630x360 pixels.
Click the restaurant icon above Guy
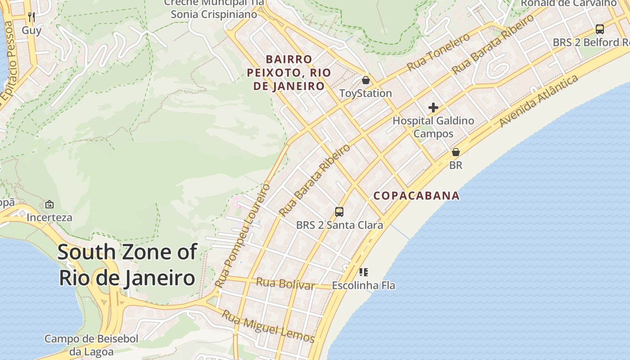point(31,17)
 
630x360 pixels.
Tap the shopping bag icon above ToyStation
point(366,80)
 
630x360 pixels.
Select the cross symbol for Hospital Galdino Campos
point(433,108)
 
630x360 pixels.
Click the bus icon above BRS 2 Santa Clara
point(339,211)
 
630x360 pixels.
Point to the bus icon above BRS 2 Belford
point(600,29)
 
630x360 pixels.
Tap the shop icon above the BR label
point(456,152)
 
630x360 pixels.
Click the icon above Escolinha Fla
point(364,272)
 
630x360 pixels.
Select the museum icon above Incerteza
point(49,204)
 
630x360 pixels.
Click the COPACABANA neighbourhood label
point(417,196)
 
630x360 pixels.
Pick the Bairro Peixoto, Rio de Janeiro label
point(289,72)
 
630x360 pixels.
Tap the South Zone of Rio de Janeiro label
point(127,265)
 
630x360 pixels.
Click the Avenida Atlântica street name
point(539,101)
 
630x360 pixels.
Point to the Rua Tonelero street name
point(439,52)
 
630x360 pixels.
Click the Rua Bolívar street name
point(285,283)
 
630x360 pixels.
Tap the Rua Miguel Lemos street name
point(268,326)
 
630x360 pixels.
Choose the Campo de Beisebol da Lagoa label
point(91,345)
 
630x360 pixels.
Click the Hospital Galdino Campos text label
point(433,127)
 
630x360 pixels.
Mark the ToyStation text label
point(365,93)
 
